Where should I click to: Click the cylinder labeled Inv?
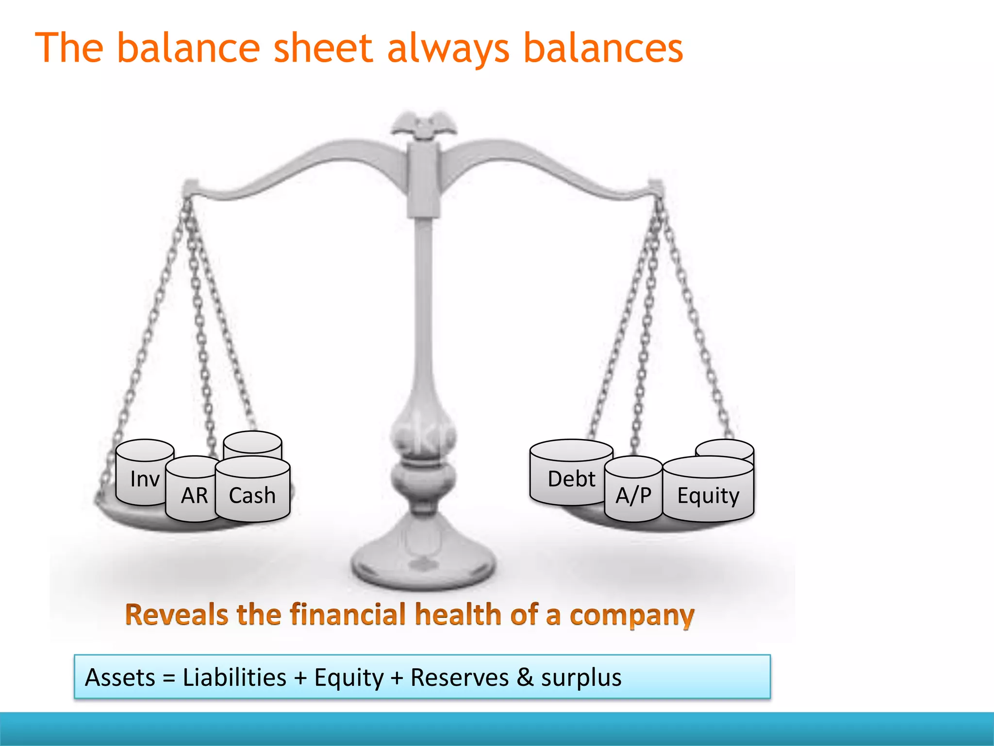point(144,478)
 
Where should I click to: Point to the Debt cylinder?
point(571,478)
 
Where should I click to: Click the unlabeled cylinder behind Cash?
point(252,443)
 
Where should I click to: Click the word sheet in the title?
point(323,48)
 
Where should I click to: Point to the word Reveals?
point(176,614)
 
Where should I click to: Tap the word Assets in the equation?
point(120,677)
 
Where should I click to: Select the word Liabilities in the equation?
point(234,677)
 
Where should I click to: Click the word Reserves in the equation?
point(459,677)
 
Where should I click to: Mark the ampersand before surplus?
point(525,677)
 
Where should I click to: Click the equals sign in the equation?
point(169,678)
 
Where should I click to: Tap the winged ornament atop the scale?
point(424,124)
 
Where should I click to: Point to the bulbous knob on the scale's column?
point(424,432)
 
